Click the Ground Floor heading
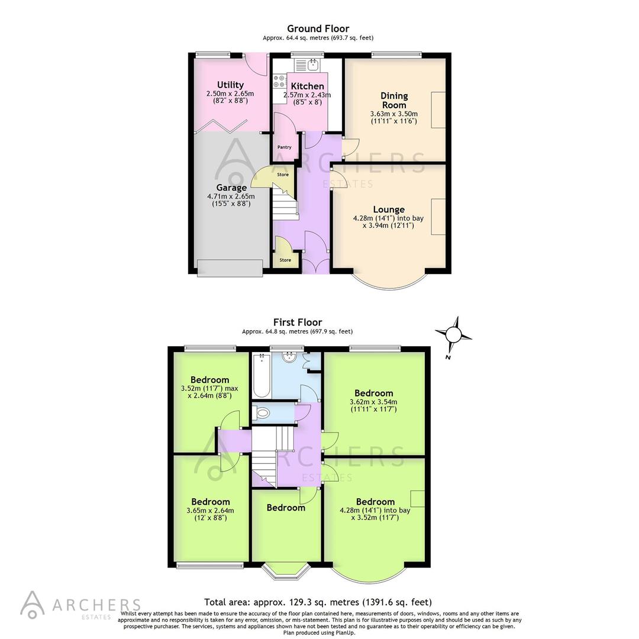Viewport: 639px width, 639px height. [318, 28]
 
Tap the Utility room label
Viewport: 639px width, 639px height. [230, 85]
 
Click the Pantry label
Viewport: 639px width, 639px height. [285, 147]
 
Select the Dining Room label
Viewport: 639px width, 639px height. [394, 100]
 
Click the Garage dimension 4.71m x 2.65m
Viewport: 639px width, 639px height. [230, 196]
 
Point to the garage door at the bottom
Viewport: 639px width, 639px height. [230, 267]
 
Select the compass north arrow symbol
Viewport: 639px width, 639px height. [453, 335]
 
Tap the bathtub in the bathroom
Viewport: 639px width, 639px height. [261, 376]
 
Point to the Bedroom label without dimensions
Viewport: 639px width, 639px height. [286, 508]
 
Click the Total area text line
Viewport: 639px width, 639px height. [318, 602]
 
